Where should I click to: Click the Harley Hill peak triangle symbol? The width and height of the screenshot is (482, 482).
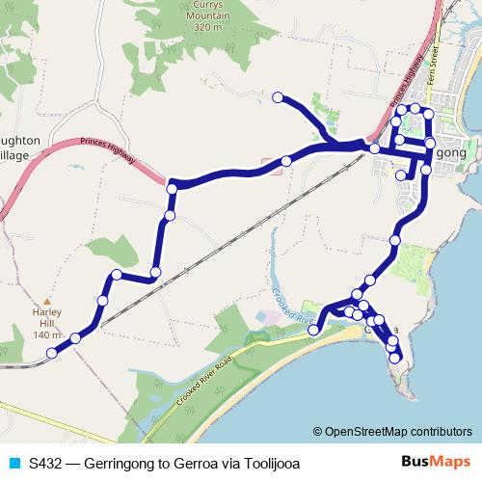click(x=47, y=301)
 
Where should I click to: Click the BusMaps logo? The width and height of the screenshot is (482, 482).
click(x=435, y=463)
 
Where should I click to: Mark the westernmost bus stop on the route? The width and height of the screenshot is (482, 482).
click(x=52, y=352)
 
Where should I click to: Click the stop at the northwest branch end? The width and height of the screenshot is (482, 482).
click(x=278, y=97)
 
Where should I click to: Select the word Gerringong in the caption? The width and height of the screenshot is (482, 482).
click(x=120, y=464)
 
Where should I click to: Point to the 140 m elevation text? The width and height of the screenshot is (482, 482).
click(x=47, y=335)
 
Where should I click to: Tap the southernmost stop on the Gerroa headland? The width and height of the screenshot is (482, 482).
click(x=395, y=359)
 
